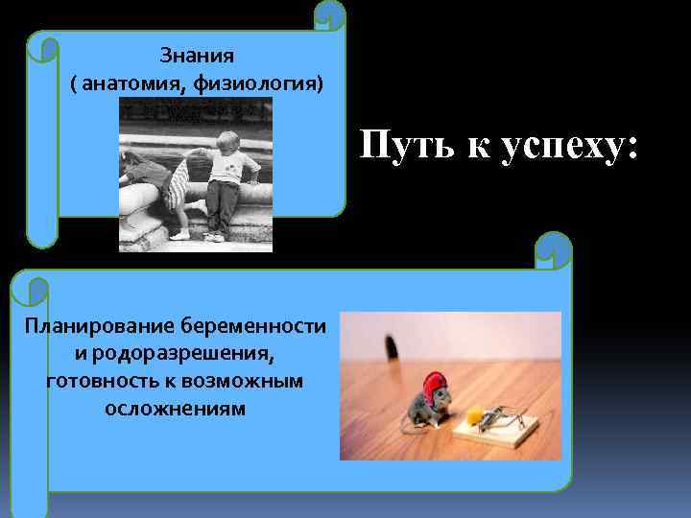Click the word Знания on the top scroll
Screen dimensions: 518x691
(196, 57)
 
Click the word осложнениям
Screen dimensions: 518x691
(176, 409)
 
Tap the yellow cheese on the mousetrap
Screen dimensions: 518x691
(476, 414)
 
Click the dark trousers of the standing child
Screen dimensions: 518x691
(223, 206)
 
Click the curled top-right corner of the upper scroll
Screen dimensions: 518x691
(330, 14)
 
